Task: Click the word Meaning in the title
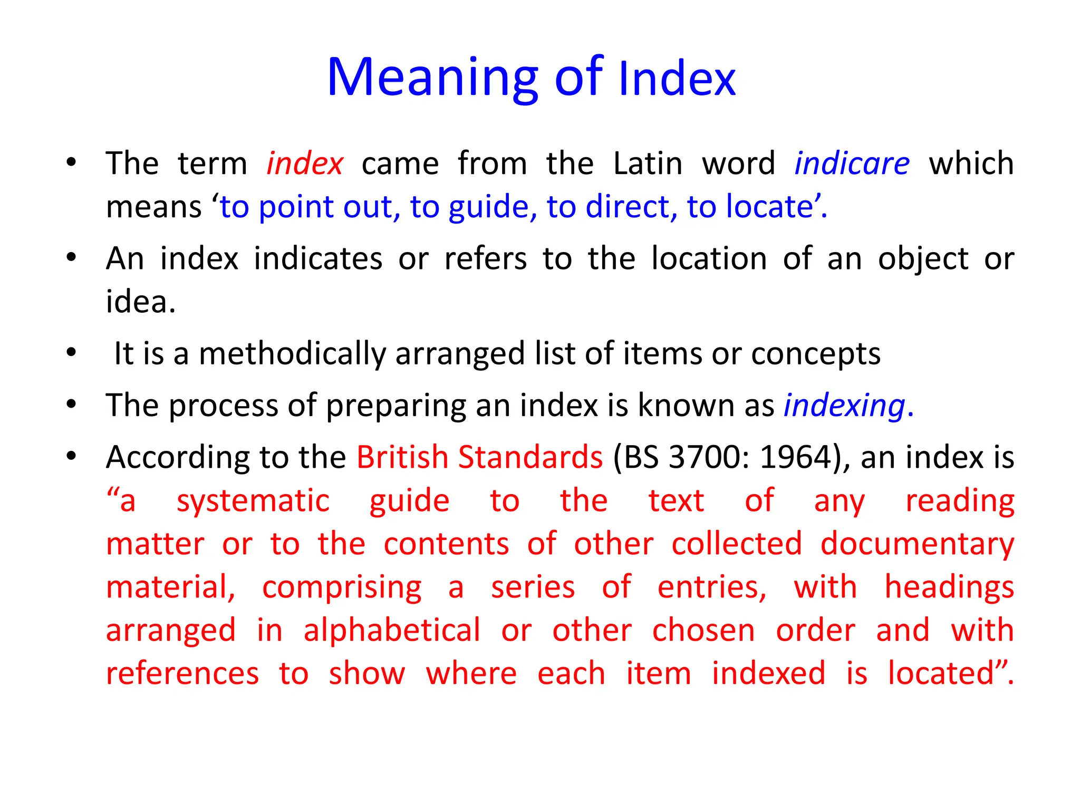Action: [x=432, y=78]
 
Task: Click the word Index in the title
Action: [x=677, y=80]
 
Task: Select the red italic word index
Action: [x=305, y=163]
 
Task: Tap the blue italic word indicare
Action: [x=852, y=163]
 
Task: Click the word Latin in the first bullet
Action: [x=648, y=163]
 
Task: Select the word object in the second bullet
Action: [x=923, y=259]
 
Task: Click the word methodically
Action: [x=293, y=354]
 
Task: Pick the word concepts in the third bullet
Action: [x=815, y=354]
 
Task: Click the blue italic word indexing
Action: [x=844, y=406]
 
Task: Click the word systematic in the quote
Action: [x=253, y=500]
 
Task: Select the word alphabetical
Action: [x=392, y=630]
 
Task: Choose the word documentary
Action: [x=917, y=544]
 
